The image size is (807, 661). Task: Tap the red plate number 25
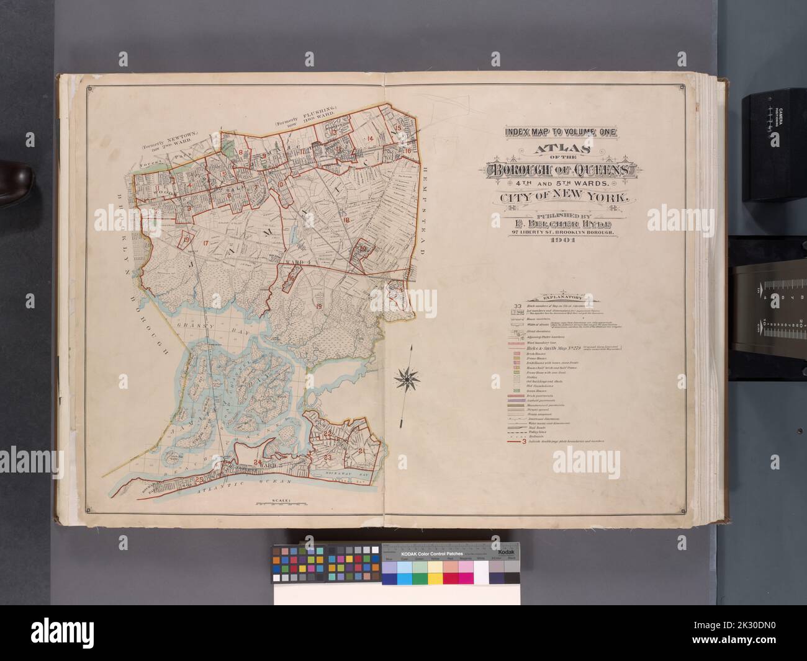199,479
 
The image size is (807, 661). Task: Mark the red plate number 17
205,241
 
